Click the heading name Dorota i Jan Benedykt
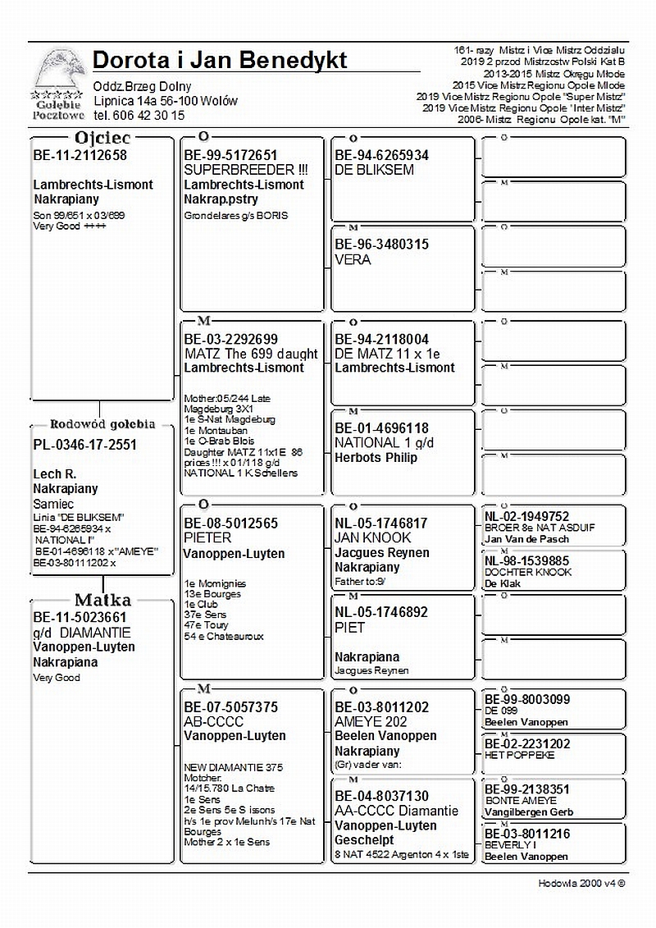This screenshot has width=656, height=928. [x=220, y=60]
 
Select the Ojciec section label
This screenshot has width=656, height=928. [x=102, y=139]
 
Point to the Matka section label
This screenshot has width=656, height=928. [x=102, y=600]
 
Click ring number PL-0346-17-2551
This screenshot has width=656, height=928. [x=84, y=445]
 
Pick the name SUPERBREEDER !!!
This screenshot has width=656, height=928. [x=245, y=170]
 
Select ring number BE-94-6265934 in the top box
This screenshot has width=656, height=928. [x=381, y=155]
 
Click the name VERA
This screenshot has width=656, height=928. [x=353, y=260]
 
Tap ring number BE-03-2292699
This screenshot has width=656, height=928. [x=230, y=339]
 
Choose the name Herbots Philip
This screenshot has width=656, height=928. [x=376, y=458]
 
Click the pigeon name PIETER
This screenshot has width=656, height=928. [x=207, y=538]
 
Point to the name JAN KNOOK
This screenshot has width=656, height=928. [x=372, y=538]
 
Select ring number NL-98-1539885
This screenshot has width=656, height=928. [x=526, y=560]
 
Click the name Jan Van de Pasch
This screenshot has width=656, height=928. [x=526, y=539]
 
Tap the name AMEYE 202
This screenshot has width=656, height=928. [x=370, y=721]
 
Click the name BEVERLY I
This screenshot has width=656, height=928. [x=510, y=844]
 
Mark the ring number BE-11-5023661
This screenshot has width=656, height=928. [x=80, y=617]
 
